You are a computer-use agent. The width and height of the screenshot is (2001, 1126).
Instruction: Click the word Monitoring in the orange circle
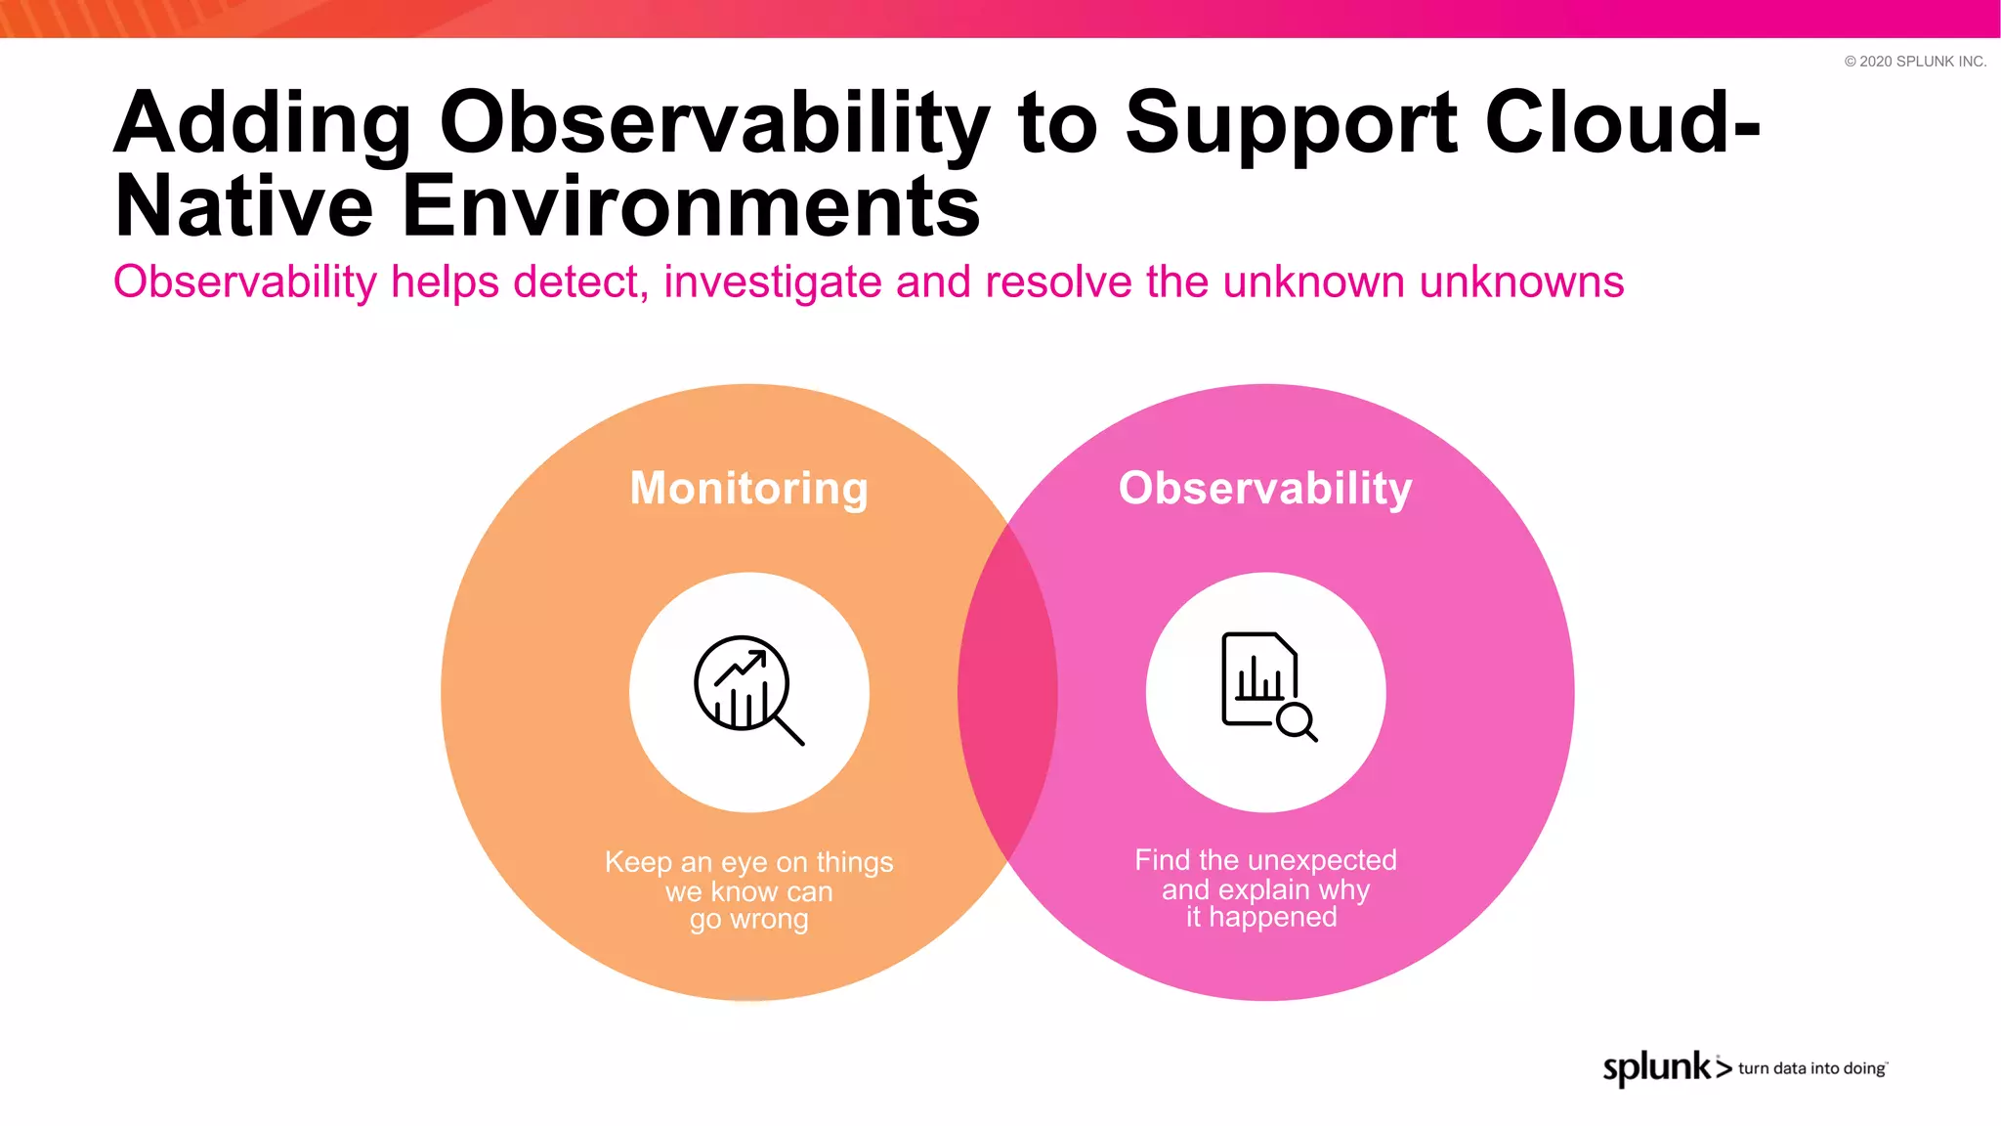coord(748,489)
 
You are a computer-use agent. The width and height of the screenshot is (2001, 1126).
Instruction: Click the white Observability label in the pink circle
coord(1265,488)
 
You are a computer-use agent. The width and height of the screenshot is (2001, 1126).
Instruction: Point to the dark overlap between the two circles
coord(1007,692)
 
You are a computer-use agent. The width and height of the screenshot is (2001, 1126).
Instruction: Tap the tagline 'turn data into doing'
coord(1811,1068)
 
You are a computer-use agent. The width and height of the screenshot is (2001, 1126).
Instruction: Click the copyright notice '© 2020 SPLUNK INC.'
coord(1915,61)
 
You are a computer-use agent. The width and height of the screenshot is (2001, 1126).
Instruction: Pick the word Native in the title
coord(244,206)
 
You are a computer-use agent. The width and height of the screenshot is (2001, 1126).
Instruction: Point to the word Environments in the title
coord(691,206)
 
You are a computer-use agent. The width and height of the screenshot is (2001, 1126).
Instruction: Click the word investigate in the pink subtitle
coord(773,282)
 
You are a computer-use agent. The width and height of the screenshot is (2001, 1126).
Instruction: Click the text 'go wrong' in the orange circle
coord(748,920)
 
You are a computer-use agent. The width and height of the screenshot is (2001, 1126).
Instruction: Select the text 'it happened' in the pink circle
coord(1261,917)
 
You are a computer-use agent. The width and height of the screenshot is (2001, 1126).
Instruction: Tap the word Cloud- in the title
coord(1622,123)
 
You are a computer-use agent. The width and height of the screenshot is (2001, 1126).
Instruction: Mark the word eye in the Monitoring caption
coord(745,863)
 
